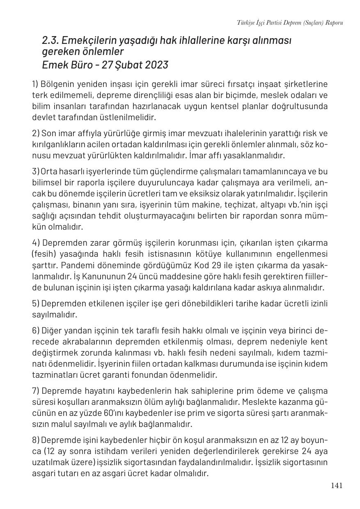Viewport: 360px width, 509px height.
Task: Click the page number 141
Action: [x=337, y=486]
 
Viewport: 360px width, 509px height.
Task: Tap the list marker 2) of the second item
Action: [x=36, y=134]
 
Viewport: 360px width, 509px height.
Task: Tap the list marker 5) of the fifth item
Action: [x=36, y=304]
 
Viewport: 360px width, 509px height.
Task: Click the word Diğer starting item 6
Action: [x=52, y=331]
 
